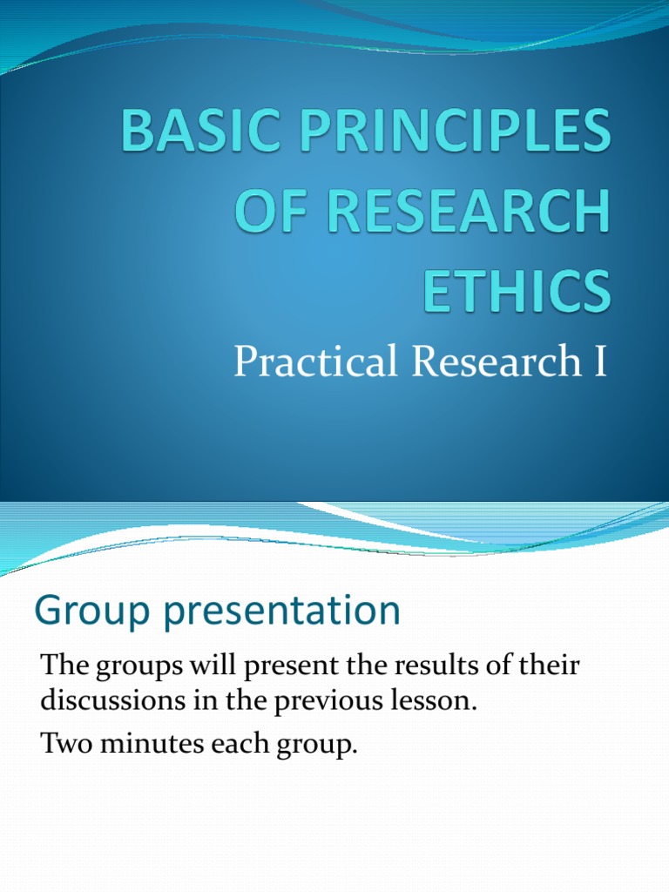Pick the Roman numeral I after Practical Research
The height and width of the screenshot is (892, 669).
(598, 362)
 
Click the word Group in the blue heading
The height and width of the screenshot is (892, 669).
(83, 612)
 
